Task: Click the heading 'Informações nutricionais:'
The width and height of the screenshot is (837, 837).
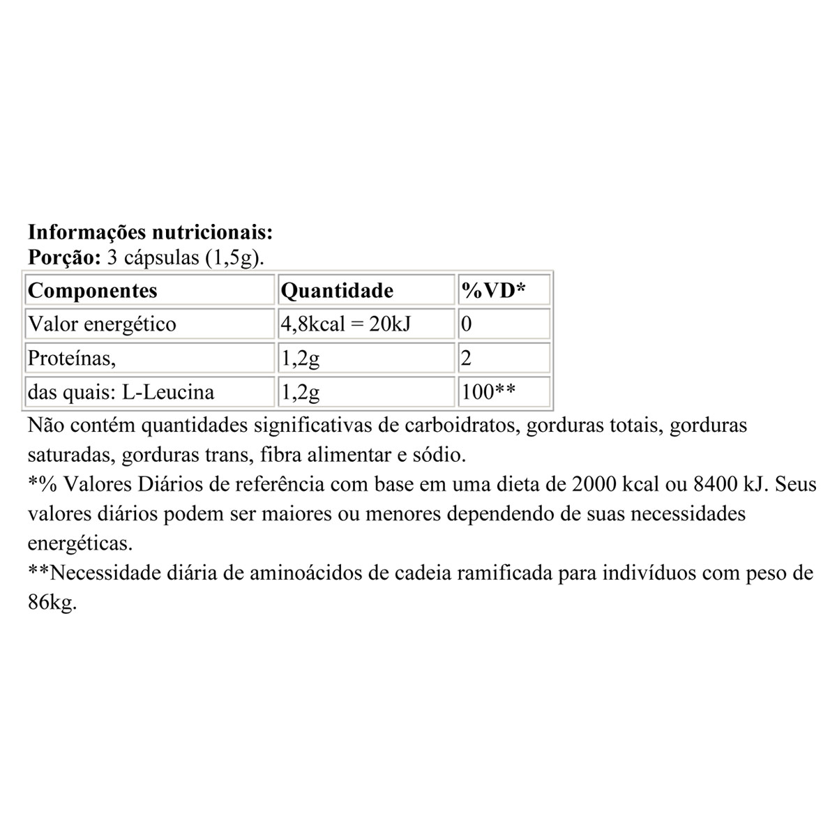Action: (150, 232)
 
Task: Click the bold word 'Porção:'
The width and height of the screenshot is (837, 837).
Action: (65, 257)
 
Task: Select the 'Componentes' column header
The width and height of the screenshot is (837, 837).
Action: (92, 290)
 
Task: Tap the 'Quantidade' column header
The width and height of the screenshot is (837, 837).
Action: (336, 290)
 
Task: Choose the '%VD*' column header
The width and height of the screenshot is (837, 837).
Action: (494, 290)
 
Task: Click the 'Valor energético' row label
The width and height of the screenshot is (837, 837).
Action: (101, 324)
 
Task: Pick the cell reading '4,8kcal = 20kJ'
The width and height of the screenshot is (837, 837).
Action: (345, 324)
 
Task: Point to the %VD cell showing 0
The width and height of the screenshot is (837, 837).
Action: (467, 324)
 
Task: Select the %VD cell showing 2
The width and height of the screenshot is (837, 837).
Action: (467, 359)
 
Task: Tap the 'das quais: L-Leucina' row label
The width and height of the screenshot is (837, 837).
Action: (120, 393)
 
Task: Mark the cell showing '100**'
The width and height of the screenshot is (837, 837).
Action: (488, 393)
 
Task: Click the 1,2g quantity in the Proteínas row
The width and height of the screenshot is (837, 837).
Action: (300, 359)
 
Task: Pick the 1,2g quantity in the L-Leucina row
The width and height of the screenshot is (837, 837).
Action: (300, 393)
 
